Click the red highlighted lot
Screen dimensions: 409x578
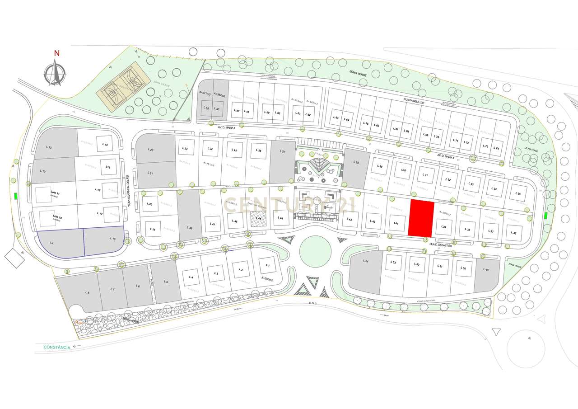421,219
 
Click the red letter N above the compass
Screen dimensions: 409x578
57,53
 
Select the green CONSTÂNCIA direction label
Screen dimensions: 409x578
57,347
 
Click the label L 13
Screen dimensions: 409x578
49,147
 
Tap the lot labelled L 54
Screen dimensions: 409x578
366,262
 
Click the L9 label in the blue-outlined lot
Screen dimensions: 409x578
52,243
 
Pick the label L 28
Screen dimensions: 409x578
356,162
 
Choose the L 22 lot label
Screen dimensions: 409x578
151,150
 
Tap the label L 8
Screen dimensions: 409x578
87,293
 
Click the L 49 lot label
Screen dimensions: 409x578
486,270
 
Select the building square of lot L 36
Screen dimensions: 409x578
513,233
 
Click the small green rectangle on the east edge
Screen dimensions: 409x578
546,216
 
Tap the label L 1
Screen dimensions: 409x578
268,265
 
